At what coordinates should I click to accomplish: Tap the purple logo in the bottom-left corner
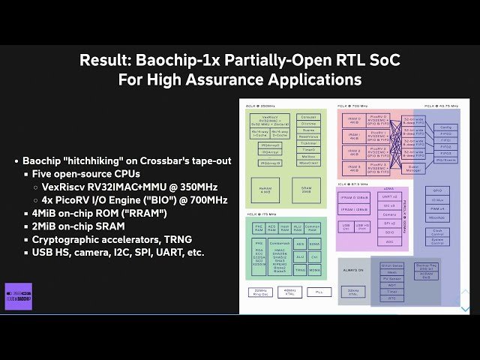(18, 296)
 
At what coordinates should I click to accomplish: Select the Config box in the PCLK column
(445, 127)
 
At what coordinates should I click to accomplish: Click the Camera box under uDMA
(388, 214)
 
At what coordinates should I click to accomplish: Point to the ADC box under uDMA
(388, 242)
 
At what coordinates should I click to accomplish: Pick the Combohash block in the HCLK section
(279, 244)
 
